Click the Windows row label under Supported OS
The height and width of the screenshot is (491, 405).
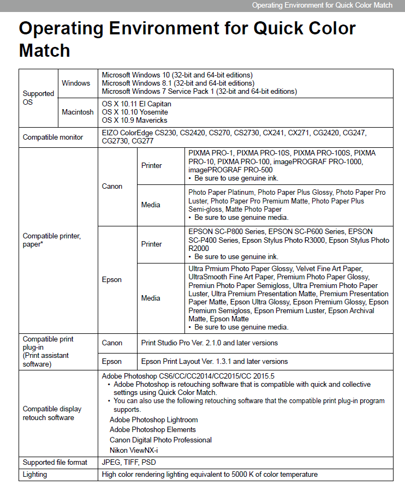tap(76, 83)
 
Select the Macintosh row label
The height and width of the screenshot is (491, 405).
tap(78, 112)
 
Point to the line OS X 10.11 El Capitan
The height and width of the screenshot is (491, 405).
tap(136, 104)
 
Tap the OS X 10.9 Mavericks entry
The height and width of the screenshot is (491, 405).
tap(134, 120)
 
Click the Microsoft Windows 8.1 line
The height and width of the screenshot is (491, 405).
tap(178, 83)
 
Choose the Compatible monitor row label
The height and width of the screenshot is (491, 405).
tap(53, 137)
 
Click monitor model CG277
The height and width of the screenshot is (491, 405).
tap(142, 141)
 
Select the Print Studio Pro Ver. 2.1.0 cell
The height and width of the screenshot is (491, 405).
tap(209, 343)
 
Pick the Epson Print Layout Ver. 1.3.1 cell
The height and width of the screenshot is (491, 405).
tap(214, 361)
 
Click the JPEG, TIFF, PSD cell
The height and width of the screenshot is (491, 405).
tap(129, 462)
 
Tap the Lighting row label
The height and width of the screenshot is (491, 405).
tap(35, 474)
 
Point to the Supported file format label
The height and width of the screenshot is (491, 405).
tap(55, 462)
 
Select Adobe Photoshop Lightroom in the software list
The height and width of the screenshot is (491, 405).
tap(153, 420)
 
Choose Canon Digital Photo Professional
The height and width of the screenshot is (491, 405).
tap(160, 440)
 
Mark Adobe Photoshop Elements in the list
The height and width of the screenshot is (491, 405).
tap(153, 429)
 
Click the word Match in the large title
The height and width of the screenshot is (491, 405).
tap(45, 50)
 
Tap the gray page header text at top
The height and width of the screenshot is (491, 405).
tap(322, 5)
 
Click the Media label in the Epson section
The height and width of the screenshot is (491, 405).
tap(151, 298)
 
